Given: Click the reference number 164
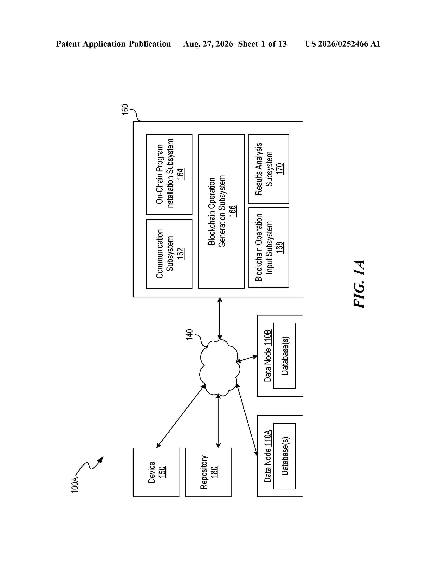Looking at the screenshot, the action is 181,174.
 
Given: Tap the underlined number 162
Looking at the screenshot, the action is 181,254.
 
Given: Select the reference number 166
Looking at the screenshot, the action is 232,211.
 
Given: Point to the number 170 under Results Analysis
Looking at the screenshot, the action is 280,169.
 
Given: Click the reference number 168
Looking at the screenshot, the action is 280,247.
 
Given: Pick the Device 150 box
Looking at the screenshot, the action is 156,472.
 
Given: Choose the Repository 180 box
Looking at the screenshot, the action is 208,472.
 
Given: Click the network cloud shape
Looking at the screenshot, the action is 220,367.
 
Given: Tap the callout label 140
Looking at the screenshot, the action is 190,335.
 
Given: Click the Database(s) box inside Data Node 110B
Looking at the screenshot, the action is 285,355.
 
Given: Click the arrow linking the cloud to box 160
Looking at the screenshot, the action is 220,318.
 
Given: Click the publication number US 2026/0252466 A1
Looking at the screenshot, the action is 343,44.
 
